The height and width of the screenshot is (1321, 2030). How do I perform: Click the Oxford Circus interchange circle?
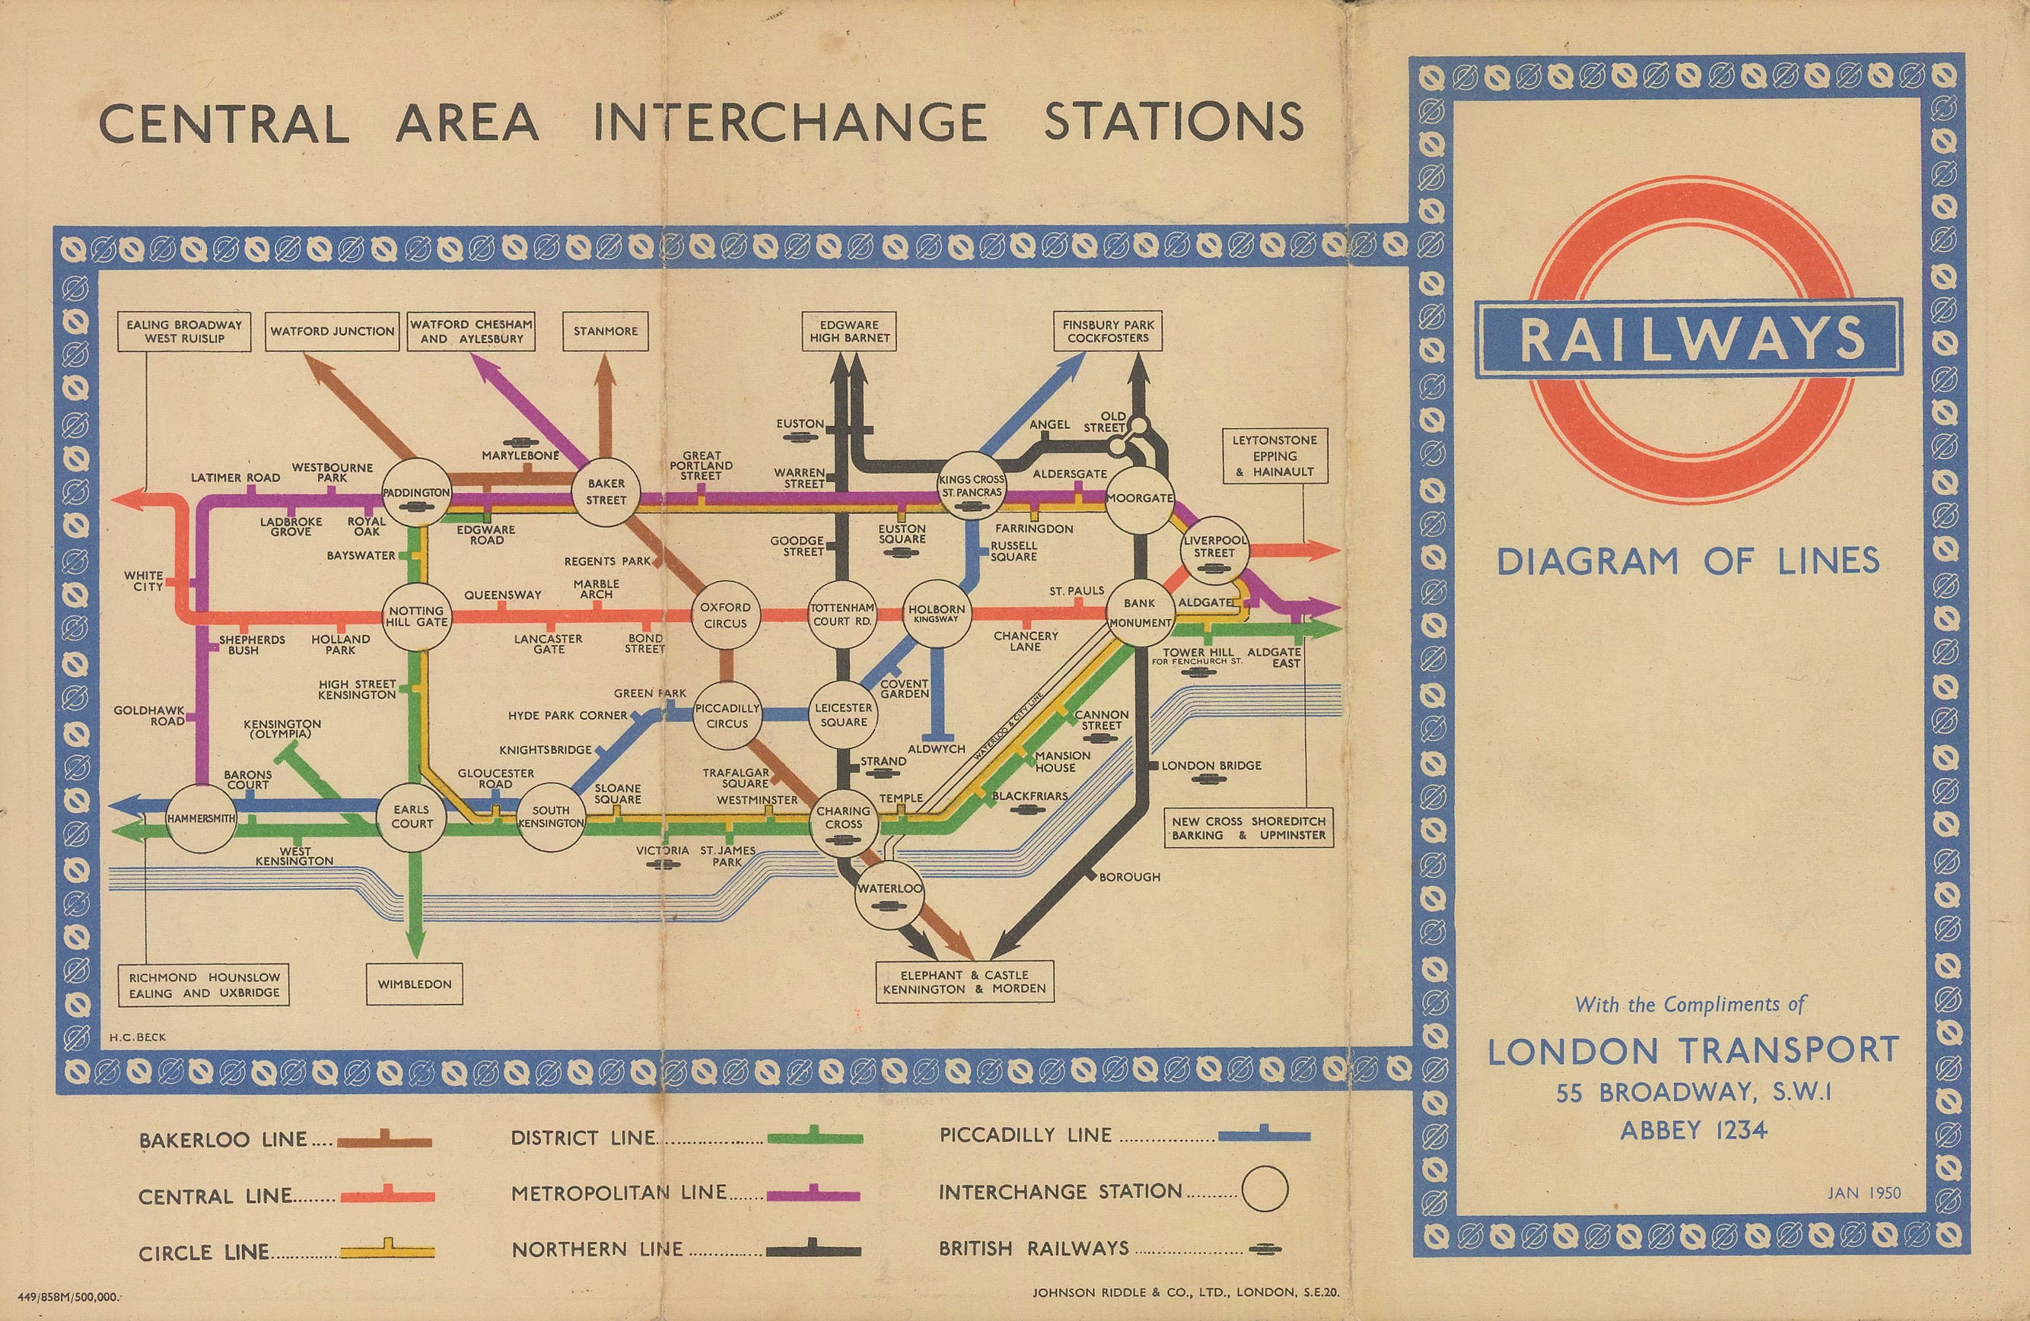pyautogui.click(x=725, y=616)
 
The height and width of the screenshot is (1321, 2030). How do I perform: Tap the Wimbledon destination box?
pyautogui.click(x=415, y=984)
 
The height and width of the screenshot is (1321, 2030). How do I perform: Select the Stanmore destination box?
pyautogui.click(x=606, y=331)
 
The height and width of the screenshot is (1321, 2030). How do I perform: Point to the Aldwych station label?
pyautogui.click(x=937, y=749)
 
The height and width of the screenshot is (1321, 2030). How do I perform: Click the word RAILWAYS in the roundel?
pyautogui.click(x=1691, y=338)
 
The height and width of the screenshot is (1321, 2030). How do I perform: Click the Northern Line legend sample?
pyautogui.click(x=813, y=1250)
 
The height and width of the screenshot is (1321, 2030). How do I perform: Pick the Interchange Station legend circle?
pyautogui.click(x=1264, y=1189)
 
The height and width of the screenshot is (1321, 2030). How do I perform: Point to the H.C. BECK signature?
pyautogui.click(x=137, y=1037)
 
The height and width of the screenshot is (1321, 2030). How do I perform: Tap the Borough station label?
pyautogui.click(x=1129, y=877)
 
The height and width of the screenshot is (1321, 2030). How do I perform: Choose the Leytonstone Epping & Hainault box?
pyautogui.click(x=1274, y=456)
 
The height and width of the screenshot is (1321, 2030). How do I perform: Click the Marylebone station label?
pyautogui.click(x=520, y=456)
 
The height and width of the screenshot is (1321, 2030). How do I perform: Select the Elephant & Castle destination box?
pyautogui.click(x=964, y=982)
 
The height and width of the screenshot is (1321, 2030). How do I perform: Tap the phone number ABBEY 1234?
pyautogui.click(x=1693, y=1131)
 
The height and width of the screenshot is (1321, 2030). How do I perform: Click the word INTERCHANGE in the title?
pyautogui.click(x=790, y=122)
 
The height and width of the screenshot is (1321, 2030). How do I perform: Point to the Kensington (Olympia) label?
pyautogui.click(x=282, y=729)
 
